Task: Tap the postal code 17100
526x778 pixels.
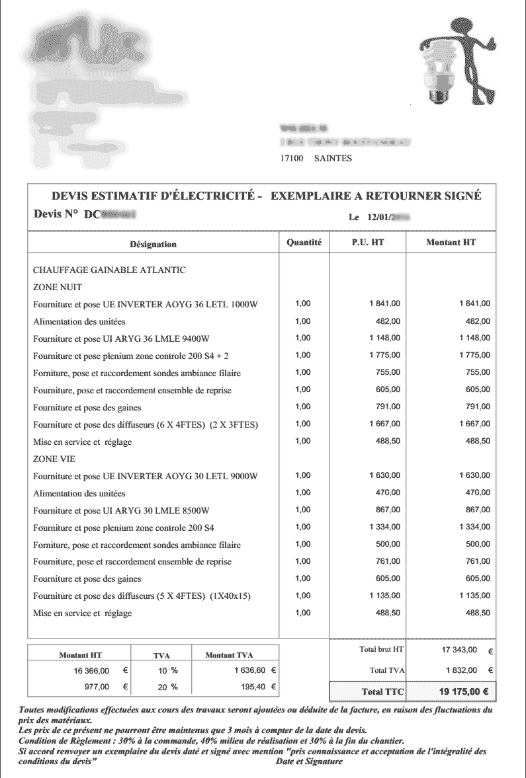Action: pos(292,159)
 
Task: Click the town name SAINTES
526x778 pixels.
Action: pos(333,159)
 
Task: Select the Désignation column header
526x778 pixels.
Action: pos(153,244)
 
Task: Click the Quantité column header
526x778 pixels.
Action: pos(304,243)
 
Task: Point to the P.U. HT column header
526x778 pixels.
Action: pos(367,243)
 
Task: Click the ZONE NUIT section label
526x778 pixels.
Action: pos(57,288)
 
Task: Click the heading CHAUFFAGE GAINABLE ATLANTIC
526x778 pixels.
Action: pos(109,270)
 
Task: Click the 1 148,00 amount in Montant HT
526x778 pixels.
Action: pos(474,338)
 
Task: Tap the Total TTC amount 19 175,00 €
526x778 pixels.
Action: pos(464,692)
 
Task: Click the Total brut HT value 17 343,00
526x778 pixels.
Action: pos(459,650)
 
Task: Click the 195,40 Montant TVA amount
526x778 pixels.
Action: pos(252,687)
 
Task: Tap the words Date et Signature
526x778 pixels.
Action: pos(310,762)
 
